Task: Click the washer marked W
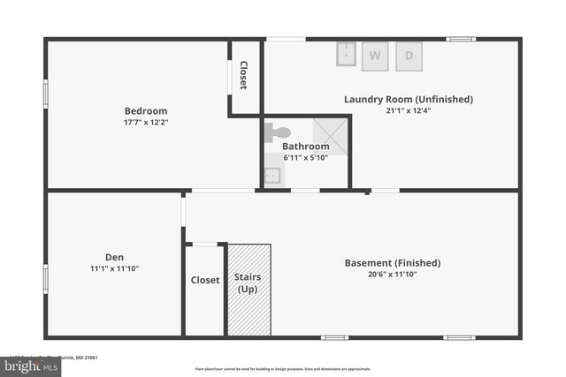click(375, 55)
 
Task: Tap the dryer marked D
click(409, 55)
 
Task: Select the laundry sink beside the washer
click(345, 55)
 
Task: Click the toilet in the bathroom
click(278, 132)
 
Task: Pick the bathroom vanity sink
click(273, 175)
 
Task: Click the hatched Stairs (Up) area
click(249, 290)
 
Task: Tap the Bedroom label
click(146, 111)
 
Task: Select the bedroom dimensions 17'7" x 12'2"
click(146, 123)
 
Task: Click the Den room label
click(114, 257)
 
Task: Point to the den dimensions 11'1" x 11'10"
click(114, 268)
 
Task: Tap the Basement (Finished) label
click(392, 262)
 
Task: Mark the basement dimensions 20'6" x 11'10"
click(392, 274)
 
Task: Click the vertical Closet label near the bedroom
click(243, 76)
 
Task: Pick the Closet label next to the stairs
click(205, 280)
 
